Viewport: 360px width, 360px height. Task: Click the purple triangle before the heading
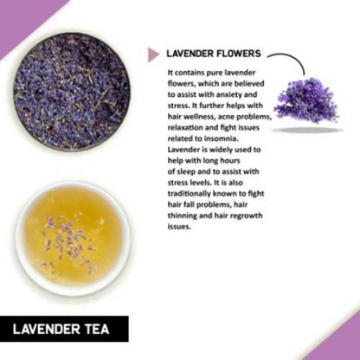tap(154, 54)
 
